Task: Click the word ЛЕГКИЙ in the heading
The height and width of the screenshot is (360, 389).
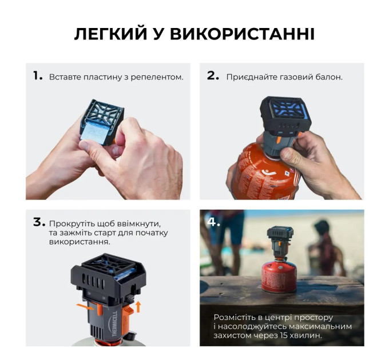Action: click(110, 34)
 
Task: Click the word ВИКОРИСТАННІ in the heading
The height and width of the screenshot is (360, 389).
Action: click(242, 34)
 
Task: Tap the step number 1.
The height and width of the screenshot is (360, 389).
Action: click(38, 76)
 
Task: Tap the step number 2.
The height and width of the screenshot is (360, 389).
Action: click(213, 76)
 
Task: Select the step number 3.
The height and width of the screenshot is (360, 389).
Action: click(39, 222)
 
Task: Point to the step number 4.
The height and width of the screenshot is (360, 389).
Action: click(213, 222)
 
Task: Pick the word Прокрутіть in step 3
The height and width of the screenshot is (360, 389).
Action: click(70, 224)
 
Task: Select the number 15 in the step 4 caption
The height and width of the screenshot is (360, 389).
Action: click(282, 335)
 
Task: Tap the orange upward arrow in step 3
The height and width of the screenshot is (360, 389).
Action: click(138, 307)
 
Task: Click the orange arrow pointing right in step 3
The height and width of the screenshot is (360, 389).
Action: click(85, 307)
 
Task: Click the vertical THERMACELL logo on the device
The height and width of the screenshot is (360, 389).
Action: click(114, 323)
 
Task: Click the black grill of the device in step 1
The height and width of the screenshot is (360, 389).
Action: click(104, 112)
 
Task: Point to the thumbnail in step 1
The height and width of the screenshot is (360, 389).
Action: click(84, 145)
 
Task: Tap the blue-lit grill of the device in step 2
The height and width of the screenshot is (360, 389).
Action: click(286, 109)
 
